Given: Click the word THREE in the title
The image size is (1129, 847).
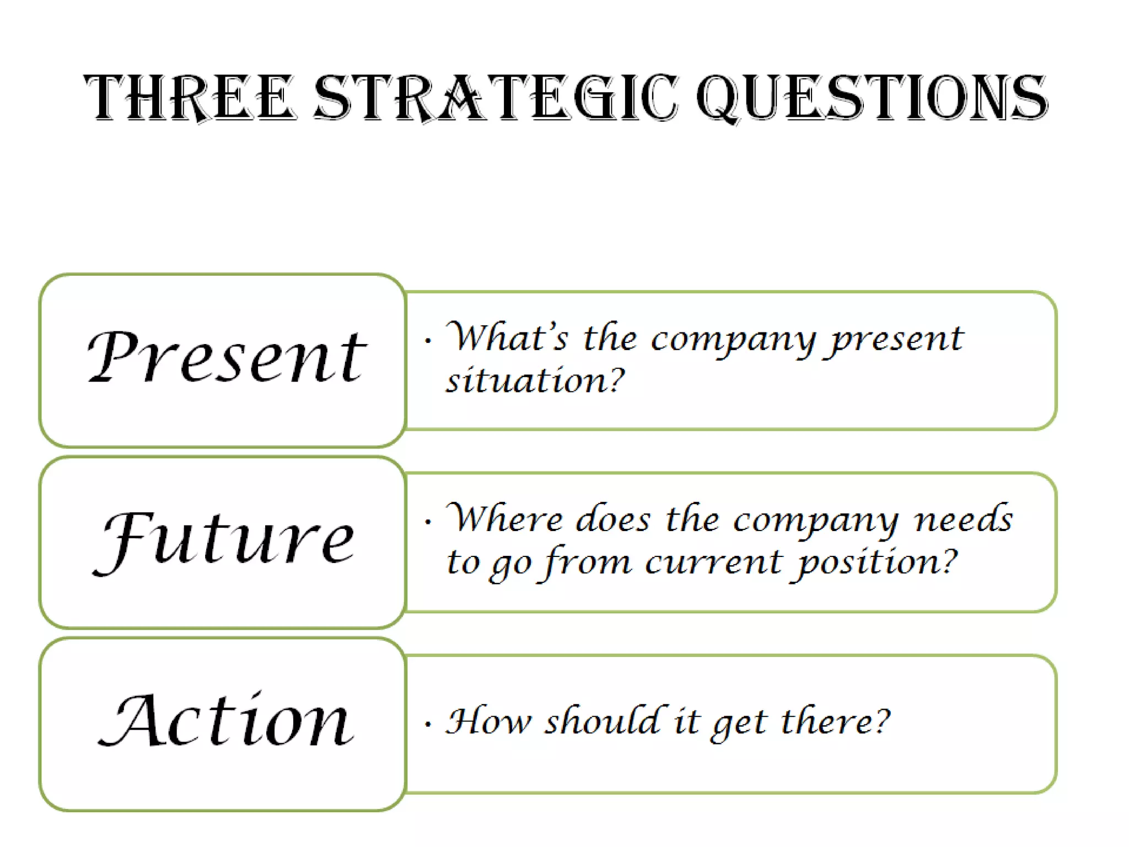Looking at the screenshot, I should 190,98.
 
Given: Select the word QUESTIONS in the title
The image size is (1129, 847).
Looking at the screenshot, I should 872,98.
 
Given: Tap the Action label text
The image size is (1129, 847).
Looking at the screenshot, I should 226,721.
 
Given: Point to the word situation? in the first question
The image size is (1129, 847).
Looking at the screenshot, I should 535,380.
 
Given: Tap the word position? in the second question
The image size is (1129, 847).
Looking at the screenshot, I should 876,563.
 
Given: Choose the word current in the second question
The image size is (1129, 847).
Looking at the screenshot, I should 713,563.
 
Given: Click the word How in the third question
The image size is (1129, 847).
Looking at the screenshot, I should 488,722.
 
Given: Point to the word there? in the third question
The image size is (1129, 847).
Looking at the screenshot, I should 836,722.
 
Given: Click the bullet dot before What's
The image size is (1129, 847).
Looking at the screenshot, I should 428,341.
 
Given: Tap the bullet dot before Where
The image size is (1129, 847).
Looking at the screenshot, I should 428,522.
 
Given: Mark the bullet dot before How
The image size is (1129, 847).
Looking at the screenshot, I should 428,725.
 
